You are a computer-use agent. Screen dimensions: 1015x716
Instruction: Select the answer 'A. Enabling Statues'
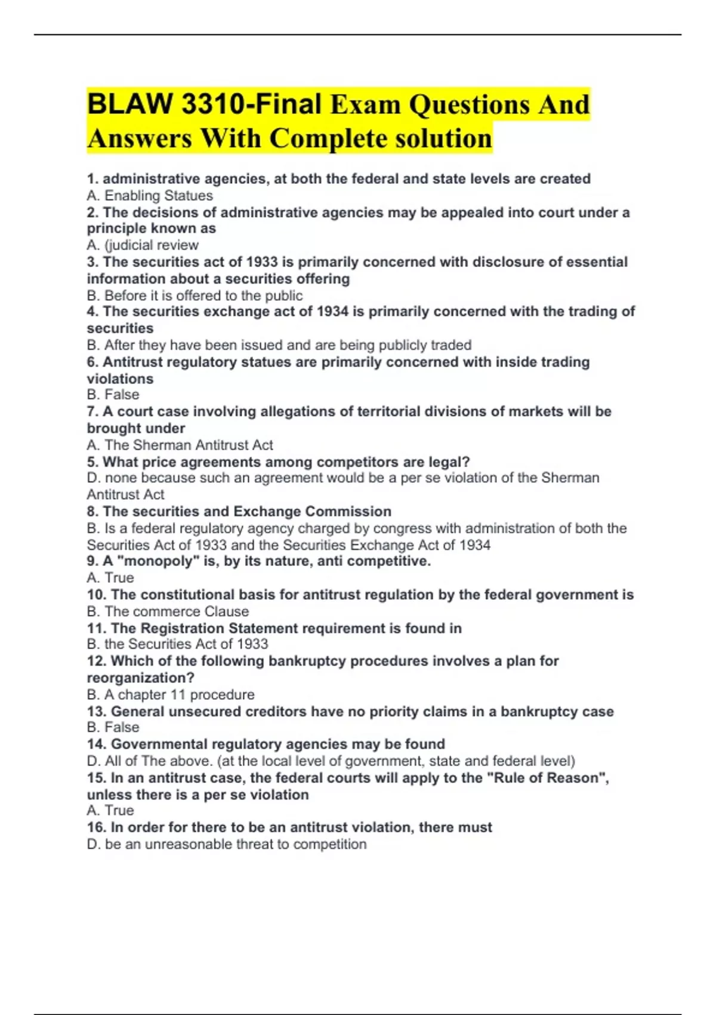(150, 196)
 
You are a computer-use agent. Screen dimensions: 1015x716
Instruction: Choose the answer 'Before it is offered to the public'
(203, 296)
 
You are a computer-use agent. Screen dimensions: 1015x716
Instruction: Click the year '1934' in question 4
(332, 312)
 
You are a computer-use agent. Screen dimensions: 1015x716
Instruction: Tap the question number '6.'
(92, 362)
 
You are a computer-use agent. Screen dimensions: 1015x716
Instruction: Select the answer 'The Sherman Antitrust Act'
(189, 445)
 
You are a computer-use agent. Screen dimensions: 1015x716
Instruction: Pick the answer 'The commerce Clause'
(177, 611)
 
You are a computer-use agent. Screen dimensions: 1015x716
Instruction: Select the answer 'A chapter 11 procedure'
(179, 695)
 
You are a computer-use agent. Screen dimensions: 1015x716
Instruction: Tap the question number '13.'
(97, 712)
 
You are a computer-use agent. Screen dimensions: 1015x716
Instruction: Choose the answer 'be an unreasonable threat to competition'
(236, 844)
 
